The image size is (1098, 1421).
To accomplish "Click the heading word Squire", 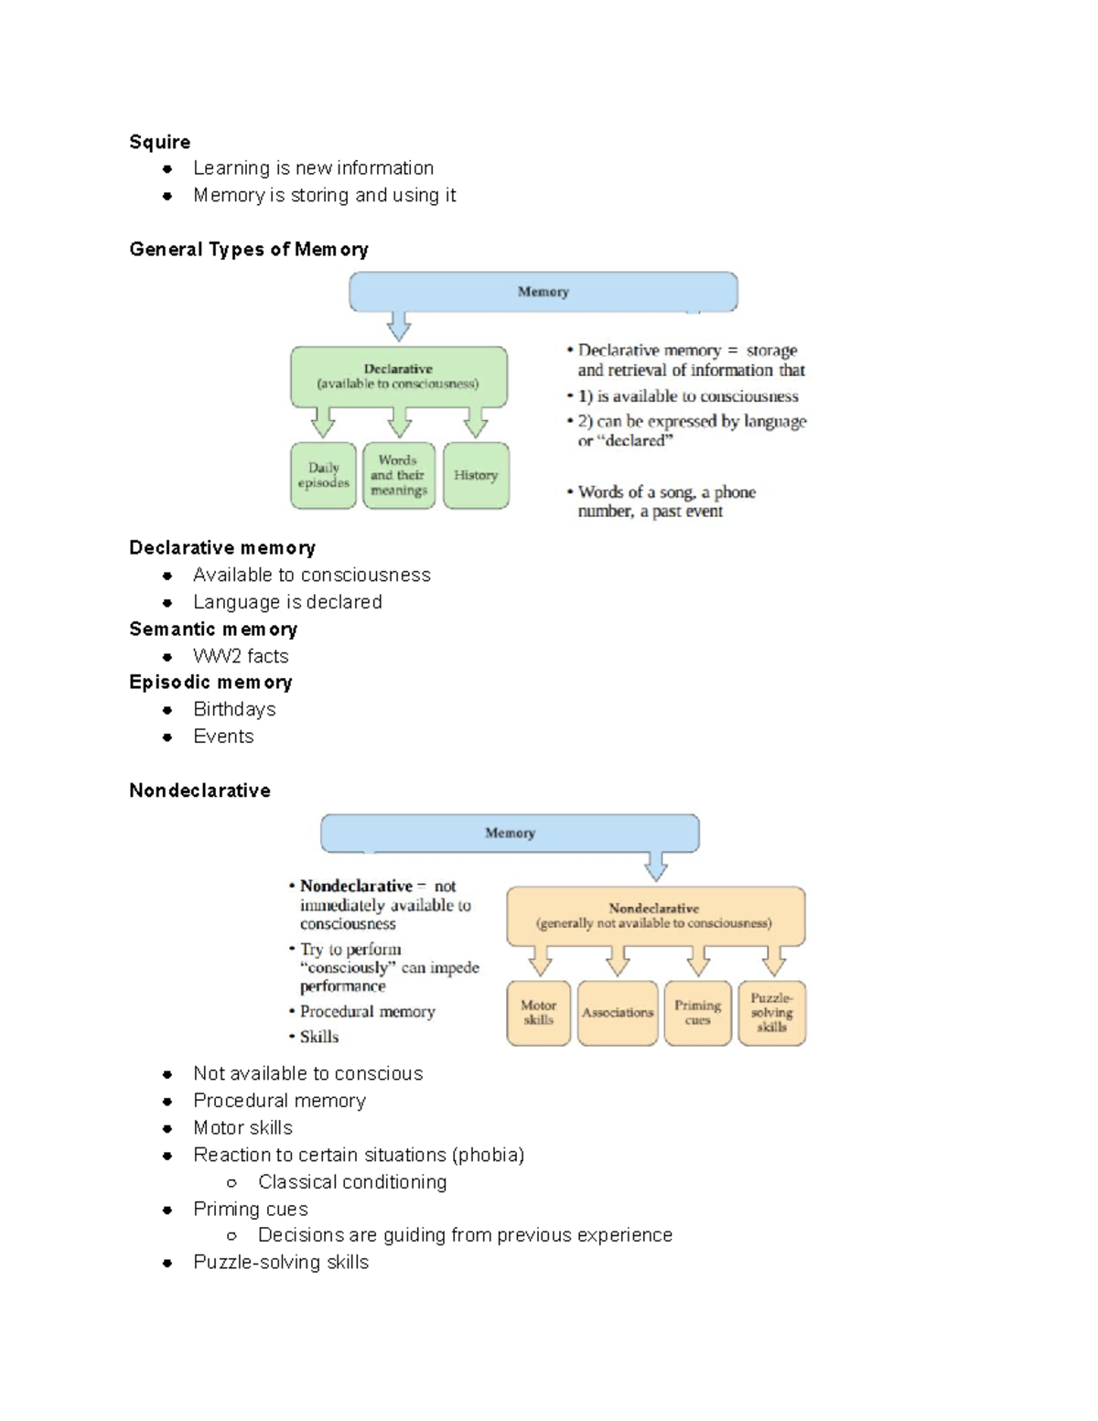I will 160,142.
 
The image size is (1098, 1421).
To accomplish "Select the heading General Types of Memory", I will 248,250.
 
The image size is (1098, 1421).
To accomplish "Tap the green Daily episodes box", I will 323,476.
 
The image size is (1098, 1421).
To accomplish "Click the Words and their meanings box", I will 399,476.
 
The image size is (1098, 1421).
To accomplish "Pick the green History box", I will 476,476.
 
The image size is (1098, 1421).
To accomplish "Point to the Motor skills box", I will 538,1013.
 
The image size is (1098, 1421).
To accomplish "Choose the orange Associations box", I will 618,1013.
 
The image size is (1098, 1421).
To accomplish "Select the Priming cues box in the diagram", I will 697,1013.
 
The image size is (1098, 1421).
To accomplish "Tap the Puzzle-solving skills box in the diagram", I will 771,1013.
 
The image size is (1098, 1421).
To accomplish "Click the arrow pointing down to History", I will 476,423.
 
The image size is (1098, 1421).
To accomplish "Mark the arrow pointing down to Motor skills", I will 541,961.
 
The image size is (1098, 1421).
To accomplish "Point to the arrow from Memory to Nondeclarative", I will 656,866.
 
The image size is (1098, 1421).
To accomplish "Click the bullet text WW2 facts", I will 241,657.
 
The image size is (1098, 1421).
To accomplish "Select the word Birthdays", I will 234,710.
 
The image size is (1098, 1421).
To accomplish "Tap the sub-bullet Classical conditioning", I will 352,1182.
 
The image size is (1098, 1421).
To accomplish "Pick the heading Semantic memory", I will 213,630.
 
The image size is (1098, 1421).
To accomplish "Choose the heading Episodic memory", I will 210,683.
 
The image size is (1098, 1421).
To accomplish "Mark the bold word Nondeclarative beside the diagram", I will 356,886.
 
